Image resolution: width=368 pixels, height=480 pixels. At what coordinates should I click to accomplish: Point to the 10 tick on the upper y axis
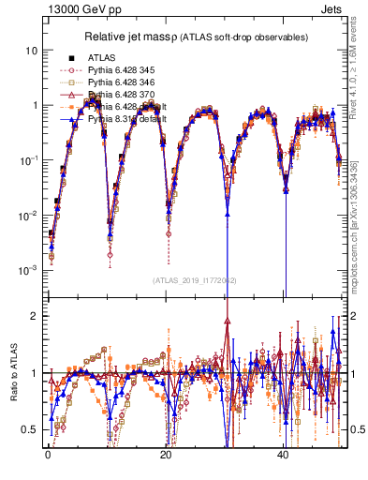point(32,50)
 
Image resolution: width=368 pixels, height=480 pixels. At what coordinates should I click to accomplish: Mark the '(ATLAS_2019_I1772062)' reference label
point(193,279)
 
